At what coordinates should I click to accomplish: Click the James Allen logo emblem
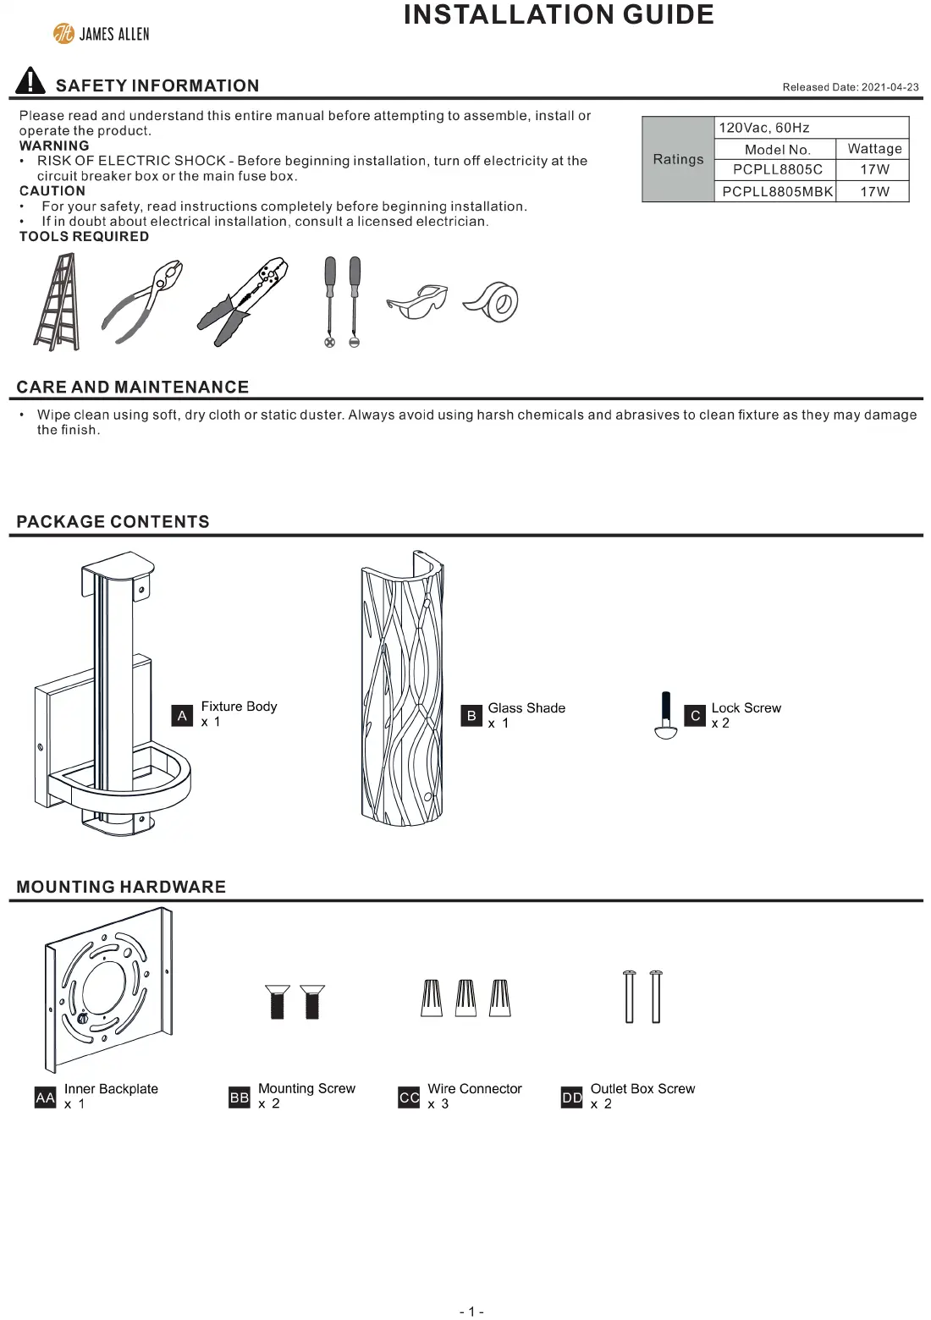click(x=63, y=34)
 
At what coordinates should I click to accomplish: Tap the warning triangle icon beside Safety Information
click(x=30, y=81)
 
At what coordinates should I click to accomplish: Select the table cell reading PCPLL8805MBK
click(x=777, y=192)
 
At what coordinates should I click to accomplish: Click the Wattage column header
click(x=873, y=149)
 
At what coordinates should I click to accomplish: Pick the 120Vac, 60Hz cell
click(x=764, y=128)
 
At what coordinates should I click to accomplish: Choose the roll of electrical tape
click(x=492, y=302)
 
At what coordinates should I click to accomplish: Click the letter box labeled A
click(x=182, y=716)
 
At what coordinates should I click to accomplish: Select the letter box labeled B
click(x=471, y=716)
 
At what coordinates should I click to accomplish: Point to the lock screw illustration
click(x=666, y=716)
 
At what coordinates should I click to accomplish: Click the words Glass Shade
click(x=526, y=708)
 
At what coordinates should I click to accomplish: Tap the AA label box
click(x=45, y=1098)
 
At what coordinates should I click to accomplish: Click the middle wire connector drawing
click(x=466, y=998)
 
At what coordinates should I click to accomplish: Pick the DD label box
click(x=572, y=1098)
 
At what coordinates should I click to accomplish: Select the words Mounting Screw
click(x=306, y=1089)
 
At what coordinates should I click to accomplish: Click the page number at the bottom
click(x=471, y=1312)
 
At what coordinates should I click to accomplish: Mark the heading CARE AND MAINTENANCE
click(x=133, y=388)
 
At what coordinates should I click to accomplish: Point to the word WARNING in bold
click(x=54, y=146)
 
